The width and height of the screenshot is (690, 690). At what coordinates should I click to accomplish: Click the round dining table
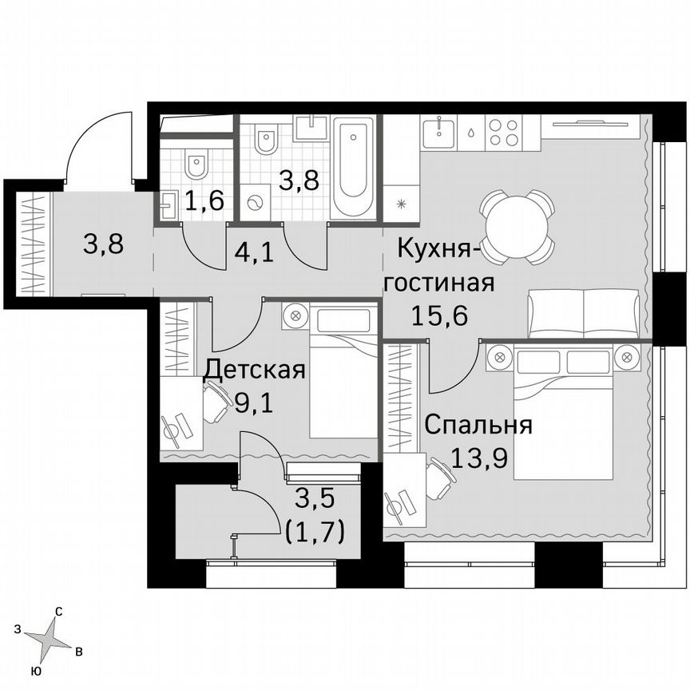(517, 226)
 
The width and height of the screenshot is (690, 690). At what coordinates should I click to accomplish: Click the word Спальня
(478, 424)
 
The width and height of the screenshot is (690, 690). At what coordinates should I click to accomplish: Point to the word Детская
(254, 371)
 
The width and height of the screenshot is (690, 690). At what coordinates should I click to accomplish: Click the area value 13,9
(478, 458)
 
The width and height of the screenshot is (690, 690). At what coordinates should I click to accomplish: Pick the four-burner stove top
(505, 132)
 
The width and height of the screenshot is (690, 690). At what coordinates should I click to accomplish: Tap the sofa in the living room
(584, 314)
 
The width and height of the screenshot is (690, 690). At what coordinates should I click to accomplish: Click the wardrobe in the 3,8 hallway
(30, 244)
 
